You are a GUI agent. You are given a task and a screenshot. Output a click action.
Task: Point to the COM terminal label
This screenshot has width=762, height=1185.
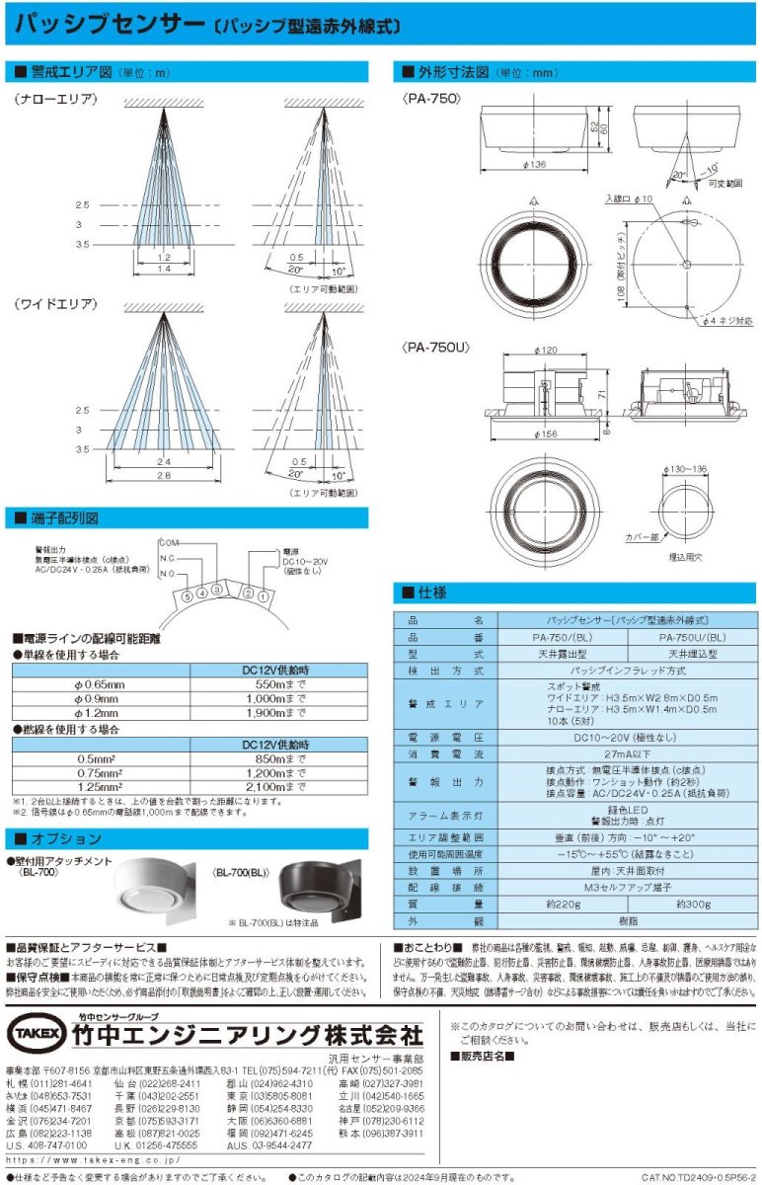point(170,541)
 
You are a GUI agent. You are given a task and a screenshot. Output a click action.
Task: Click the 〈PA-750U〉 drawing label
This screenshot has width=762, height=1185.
point(435,349)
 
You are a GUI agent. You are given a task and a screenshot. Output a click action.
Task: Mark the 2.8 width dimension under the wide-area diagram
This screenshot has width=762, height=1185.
point(163,474)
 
